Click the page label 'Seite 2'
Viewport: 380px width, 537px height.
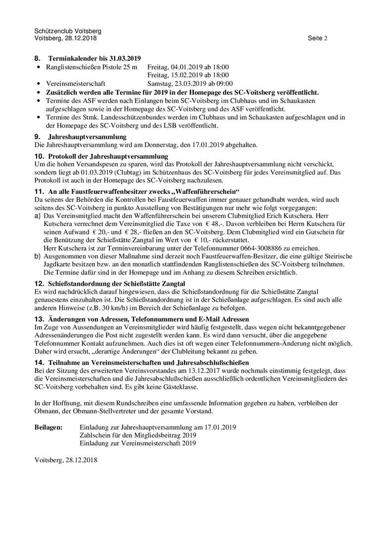click(317, 38)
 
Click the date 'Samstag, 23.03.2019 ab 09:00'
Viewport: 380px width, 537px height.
click(190, 84)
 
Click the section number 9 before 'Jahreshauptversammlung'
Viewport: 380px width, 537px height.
click(37, 136)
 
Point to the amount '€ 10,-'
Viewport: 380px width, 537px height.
click(208, 240)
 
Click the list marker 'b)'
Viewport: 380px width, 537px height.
click(38, 256)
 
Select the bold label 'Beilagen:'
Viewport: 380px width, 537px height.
click(48, 427)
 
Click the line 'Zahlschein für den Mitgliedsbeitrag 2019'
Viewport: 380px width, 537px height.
click(138, 435)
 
